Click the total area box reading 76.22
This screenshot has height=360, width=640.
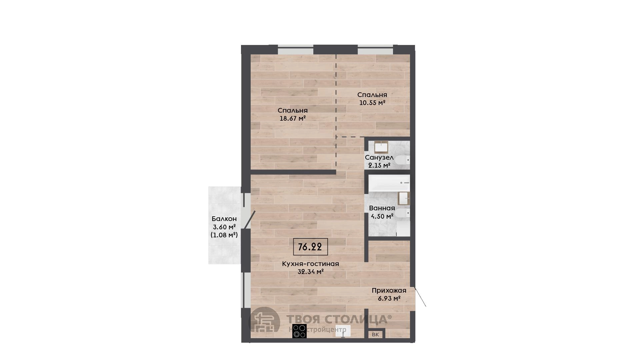310,247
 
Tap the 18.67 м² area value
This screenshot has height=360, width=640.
293,118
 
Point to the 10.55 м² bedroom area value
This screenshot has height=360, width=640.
372,103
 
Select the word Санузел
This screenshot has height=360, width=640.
379,157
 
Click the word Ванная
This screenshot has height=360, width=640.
382,208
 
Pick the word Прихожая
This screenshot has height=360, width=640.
389,291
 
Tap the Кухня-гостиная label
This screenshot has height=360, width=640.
310,264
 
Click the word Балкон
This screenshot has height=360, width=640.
224,219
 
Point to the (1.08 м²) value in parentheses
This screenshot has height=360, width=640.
224,235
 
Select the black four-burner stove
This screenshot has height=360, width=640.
299,331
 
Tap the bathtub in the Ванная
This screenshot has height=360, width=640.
389,183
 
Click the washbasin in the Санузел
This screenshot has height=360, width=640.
381,147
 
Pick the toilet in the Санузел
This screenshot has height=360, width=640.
404,161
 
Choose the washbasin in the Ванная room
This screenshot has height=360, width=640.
404,198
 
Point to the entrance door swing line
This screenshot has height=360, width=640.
420,297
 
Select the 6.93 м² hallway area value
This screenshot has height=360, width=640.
389,299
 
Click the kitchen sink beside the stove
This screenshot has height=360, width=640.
341,331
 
